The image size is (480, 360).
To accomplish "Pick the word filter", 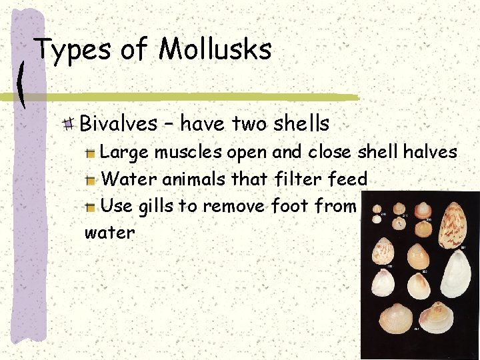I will pyautogui.click(x=300, y=179).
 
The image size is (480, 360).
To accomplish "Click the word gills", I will pyautogui.click(x=157, y=207).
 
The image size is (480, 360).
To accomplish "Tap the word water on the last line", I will pyautogui.click(x=109, y=233).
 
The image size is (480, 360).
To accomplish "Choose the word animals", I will pyautogui.click(x=205, y=179).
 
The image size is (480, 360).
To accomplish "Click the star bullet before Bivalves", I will pyautogui.click(x=69, y=123).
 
